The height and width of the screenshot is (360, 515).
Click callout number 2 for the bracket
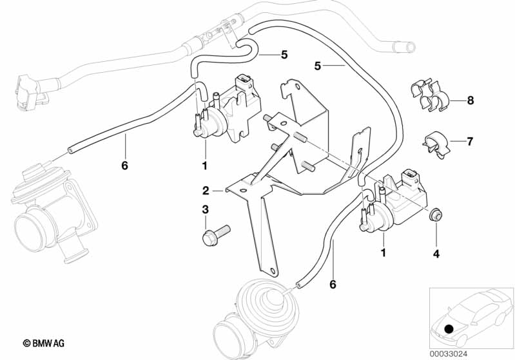[206, 191]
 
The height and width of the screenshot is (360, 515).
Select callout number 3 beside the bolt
[206, 210]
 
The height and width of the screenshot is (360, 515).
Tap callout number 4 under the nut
[436, 254]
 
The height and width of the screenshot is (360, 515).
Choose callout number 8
[470, 100]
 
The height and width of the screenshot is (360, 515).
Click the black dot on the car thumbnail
[449, 329]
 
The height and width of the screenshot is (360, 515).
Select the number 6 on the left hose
[124, 166]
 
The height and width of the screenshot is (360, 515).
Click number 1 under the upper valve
[206, 166]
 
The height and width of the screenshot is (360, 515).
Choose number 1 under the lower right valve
[384, 253]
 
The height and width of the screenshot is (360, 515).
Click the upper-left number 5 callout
[284, 54]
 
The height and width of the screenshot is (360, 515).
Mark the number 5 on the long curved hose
[317, 65]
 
